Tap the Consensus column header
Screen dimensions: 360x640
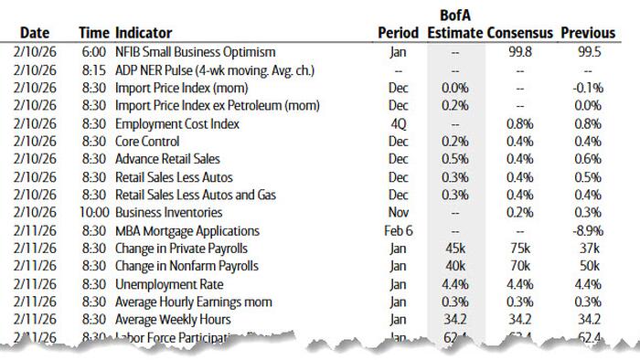pyautogui.click(x=520, y=32)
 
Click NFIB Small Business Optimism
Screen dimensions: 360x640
pyautogui.click(x=195, y=52)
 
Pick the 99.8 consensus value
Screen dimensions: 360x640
pyautogui.click(x=520, y=52)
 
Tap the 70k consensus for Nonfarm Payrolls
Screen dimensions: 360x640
pyautogui.click(x=520, y=267)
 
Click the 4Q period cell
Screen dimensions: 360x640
pyautogui.click(x=398, y=123)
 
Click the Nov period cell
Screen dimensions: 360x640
pyautogui.click(x=398, y=213)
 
